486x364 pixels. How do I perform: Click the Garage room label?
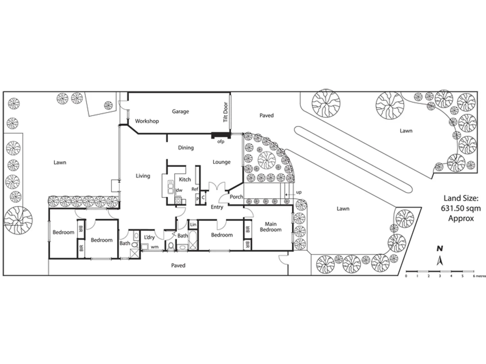pos(180,112)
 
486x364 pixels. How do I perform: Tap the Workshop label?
pos(147,121)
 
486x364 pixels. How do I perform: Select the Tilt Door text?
pos(225,112)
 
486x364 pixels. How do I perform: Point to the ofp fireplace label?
pos(221,142)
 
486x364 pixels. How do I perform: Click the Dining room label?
pos(186,148)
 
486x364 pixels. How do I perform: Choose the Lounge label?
pos(221,162)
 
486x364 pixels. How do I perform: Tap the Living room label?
pos(143,176)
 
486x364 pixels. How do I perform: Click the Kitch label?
pos(185,180)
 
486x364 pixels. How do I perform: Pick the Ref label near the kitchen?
pos(195,189)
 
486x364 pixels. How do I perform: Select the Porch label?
pos(236,197)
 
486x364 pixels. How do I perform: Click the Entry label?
pos(217,207)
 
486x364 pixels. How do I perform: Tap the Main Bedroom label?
pos(271,227)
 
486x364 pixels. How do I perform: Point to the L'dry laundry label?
pos(149,237)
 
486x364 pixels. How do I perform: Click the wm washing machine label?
pos(155,247)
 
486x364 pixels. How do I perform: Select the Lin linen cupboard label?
pos(193,225)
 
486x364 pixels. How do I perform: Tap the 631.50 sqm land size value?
pos(461,208)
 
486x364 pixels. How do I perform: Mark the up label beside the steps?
pos(299,192)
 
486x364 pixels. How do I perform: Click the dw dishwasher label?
pos(179,190)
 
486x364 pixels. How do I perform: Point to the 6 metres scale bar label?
pos(479,276)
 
